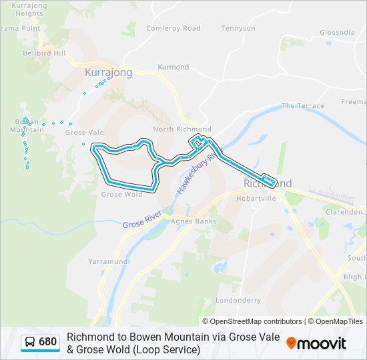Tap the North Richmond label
[182, 129]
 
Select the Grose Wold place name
[121, 195]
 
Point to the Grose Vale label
[84, 133]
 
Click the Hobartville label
[256, 198]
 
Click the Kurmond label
[173, 67]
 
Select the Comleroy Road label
[173, 28]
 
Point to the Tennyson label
[238, 29]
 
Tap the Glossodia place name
[337, 32]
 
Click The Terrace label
[302, 106]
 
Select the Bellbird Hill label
[44, 53]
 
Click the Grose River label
[142, 219]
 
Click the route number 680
[48, 342]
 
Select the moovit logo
[316, 343]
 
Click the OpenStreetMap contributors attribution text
[252, 321]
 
